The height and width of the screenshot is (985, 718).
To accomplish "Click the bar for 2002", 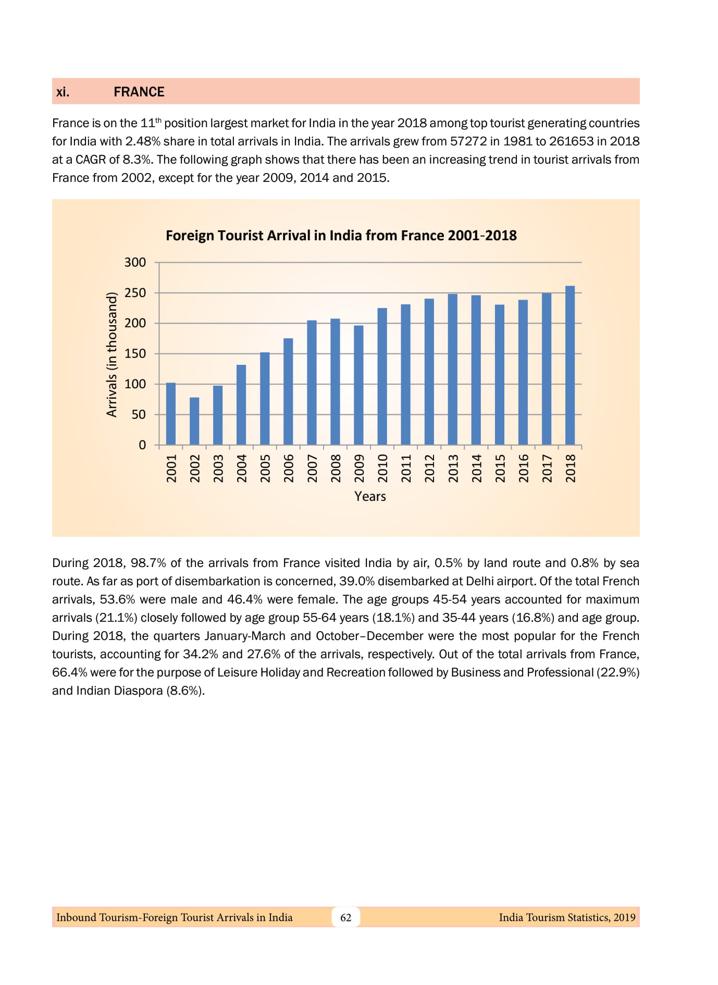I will click(x=194, y=421).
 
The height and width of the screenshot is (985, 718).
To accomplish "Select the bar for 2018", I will click(x=570, y=365).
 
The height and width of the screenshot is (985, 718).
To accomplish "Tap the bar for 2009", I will click(x=358, y=385).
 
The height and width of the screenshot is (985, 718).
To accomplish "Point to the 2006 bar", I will click(x=288, y=391).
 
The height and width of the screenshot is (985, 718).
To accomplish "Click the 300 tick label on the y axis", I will click(x=135, y=262).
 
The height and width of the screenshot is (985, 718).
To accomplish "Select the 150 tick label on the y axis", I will click(x=135, y=353).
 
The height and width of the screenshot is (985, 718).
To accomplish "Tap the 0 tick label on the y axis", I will click(x=142, y=445).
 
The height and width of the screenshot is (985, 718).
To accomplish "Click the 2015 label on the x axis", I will click(x=500, y=468).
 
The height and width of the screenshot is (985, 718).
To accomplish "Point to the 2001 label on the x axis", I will click(x=171, y=468).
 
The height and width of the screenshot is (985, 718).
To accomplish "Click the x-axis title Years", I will click(x=370, y=496).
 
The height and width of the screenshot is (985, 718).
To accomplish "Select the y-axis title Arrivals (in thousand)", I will click(x=112, y=354).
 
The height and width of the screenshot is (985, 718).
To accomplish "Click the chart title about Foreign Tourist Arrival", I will click(x=341, y=236).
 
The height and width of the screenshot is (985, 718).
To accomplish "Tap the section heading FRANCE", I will click(x=139, y=92).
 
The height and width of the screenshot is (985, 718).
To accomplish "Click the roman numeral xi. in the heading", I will click(x=63, y=92).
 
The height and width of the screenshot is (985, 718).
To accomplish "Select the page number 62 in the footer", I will click(x=345, y=917).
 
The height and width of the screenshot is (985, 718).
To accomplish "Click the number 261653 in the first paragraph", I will click(x=571, y=141).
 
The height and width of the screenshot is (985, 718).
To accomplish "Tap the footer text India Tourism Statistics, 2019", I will click(x=567, y=917).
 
